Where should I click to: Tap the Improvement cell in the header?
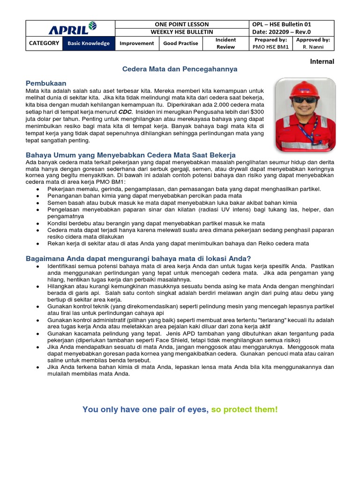(x=136, y=43)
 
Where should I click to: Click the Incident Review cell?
(x=225, y=43)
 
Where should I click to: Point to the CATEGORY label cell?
(x=44, y=43)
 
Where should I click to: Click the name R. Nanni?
(x=313, y=47)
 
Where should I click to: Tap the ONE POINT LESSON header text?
(x=181, y=24)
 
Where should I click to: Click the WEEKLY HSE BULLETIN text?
(x=181, y=32)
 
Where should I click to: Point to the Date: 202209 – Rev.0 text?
(x=281, y=32)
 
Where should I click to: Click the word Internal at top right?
(x=322, y=61)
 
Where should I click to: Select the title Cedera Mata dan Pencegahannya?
(x=180, y=69)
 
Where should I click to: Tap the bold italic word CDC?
(x=125, y=112)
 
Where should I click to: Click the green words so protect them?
(x=244, y=409)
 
